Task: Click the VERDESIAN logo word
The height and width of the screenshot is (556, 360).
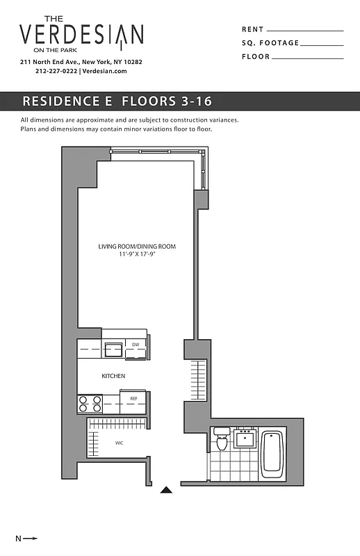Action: coord(81,35)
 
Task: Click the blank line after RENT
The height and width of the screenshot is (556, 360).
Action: coord(305,31)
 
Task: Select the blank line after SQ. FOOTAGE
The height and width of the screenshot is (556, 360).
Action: coord(322,44)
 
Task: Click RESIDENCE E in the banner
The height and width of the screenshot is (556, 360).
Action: coord(67,101)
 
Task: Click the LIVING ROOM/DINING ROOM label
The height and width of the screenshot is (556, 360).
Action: coord(136,247)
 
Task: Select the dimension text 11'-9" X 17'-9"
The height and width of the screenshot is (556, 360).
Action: coord(136,255)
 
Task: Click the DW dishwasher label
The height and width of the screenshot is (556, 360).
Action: coord(136,344)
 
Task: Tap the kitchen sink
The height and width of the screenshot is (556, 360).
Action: coord(113,349)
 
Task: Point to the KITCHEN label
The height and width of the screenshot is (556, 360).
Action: coord(113,376)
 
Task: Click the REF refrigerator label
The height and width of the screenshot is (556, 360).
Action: coord(133,398)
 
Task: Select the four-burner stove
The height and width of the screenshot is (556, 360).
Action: coord(90,404)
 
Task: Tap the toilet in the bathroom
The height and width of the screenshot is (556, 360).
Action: coord(222,440)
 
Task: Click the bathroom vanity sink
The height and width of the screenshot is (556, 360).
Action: coord(245,439)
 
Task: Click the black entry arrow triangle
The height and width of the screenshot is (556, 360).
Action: coord(166,489)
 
